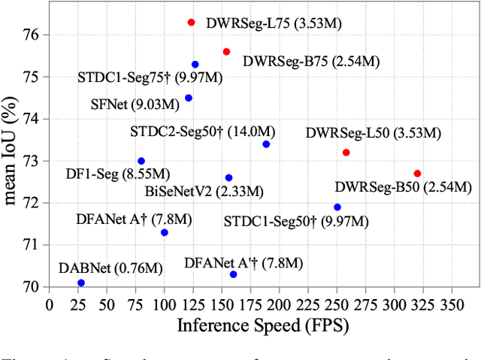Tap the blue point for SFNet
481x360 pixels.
coord(188,98)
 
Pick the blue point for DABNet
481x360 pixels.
coord(81,283)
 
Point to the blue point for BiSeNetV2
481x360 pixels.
coord(228,178)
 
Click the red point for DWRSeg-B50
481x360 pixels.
coord(417,174)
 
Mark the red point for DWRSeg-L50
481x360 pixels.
coord(346,153)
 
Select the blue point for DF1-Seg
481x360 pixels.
coord(141,161)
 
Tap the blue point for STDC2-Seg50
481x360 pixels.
coord(266,144)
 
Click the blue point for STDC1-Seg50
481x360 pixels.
coord(337,207)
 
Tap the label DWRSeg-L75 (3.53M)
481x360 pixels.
coord(275,24)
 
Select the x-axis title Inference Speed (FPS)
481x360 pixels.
coord(264,325)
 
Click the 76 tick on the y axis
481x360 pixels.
coord(34,35)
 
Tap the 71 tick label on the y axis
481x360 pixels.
coord(34,245)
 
